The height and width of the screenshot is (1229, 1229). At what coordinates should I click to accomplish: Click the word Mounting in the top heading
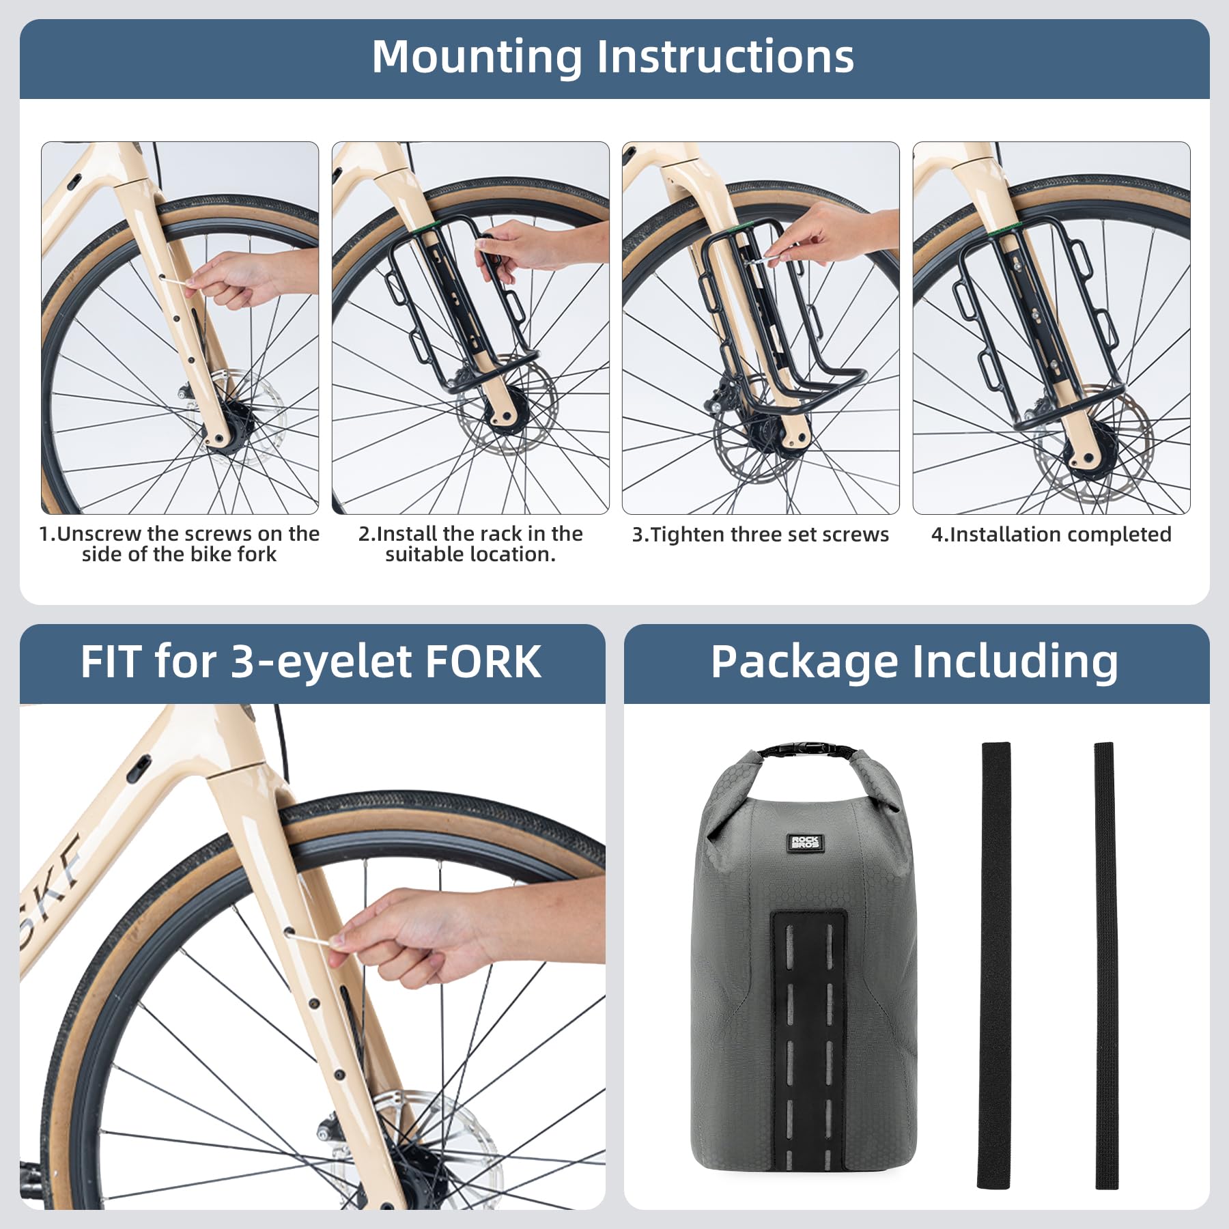click(477, 57)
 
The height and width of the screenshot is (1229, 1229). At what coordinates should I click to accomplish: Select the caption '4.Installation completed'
click(1051, 535)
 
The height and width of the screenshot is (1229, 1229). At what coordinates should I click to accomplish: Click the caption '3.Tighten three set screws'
click(760, 535)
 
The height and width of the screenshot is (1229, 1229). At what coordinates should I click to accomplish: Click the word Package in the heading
click(803, 663)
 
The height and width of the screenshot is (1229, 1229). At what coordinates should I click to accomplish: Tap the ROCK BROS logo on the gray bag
click(805, 842)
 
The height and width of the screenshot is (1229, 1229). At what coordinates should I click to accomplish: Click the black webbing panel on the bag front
click(808, 1038)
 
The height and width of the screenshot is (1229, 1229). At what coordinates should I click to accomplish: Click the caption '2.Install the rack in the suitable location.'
click(470, 544)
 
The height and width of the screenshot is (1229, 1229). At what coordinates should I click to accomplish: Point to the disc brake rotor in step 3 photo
click(737, 437)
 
